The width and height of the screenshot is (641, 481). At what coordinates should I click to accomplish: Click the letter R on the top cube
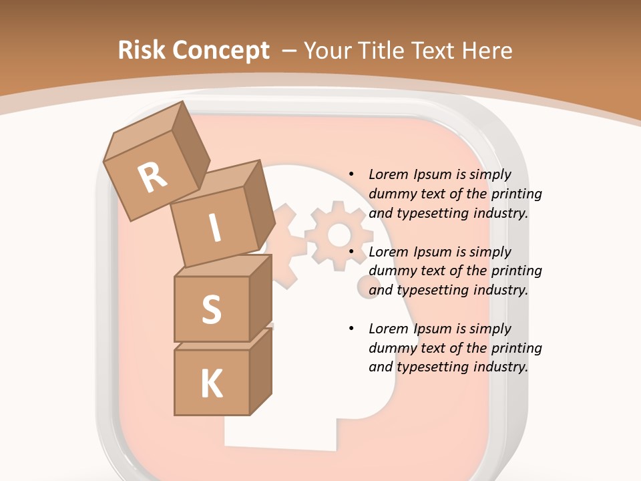(x=152, y=178)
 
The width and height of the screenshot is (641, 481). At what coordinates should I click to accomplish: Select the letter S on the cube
(x=211, y=310)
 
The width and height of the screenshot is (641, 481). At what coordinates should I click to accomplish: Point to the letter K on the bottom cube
(x=211, y=384)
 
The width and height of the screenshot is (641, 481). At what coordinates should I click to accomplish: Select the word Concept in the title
(x=220, y=51)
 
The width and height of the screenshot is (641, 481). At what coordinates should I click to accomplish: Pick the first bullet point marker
(x=351, y=174)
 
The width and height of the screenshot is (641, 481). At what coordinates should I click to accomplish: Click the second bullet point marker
(x=351, y=252)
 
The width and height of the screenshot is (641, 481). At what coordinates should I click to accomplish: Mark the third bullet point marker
(x=351, y=329)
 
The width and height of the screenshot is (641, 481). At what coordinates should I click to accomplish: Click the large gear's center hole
(x=340, y=234)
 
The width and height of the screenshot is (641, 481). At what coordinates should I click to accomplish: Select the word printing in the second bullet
(x=516, y=271)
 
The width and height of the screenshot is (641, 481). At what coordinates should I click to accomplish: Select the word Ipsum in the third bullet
(x=433, y=329)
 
